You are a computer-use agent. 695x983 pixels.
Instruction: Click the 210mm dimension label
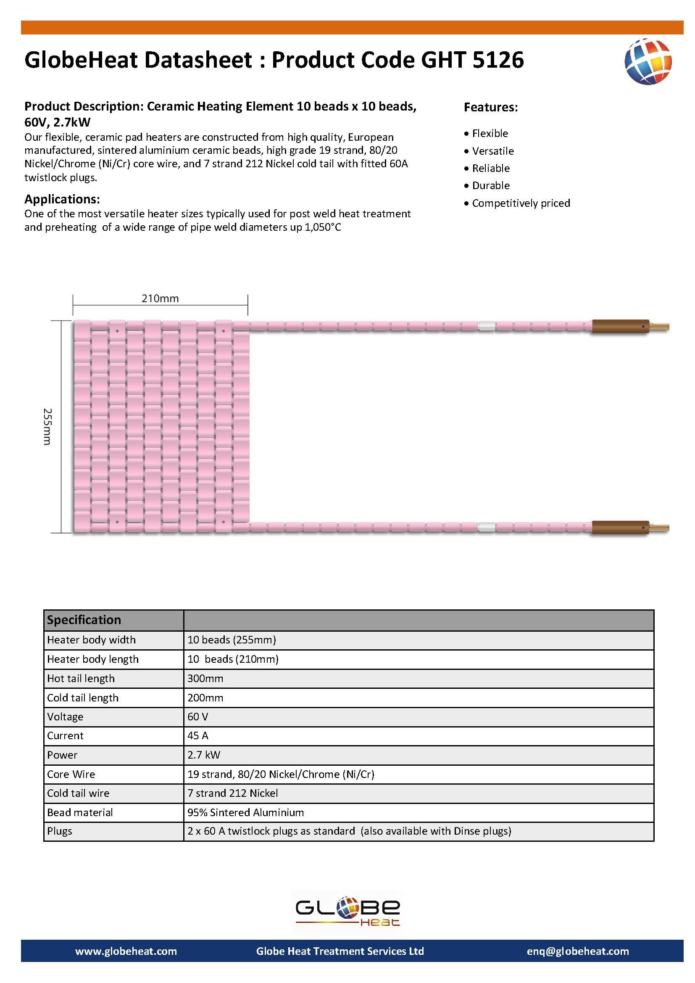160,298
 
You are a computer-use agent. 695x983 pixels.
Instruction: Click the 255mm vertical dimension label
47,427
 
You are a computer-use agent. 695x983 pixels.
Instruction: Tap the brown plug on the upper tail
620,327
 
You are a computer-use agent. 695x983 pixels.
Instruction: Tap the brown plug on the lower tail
620,527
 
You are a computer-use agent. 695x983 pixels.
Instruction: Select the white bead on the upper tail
486,326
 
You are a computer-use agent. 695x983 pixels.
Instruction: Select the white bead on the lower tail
486,527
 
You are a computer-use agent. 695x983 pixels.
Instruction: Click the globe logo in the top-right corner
648,62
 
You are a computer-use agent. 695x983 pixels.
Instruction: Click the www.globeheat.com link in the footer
126,951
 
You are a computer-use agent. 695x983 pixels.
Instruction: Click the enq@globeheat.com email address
578,951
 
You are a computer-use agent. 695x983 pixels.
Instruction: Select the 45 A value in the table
198,735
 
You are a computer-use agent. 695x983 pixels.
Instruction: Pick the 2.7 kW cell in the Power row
204,755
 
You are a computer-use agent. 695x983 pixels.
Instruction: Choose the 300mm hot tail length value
205,678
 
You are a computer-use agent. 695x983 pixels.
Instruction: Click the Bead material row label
80,812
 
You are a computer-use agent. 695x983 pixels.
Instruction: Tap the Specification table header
84,620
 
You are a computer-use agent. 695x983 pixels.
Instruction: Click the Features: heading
491,107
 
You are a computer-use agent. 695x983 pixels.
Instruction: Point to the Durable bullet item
491,185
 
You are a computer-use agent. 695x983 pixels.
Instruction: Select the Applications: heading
62,199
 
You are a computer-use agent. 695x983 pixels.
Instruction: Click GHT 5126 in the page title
472,60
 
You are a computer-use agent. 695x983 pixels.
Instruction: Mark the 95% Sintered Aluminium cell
246,812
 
